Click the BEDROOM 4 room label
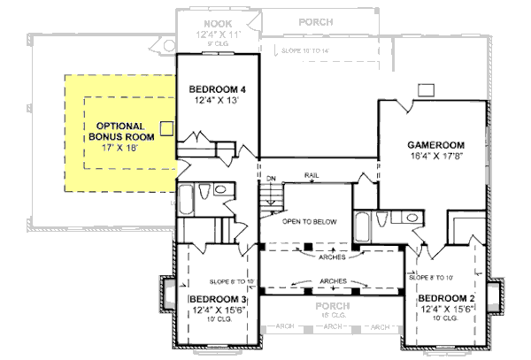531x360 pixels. tap(217, 89)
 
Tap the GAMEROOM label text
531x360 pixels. tap(435, 144)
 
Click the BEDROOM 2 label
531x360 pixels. tap(447, 298)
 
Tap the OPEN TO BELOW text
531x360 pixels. tap(309, 222)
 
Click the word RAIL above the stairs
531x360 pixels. tap(312, 175)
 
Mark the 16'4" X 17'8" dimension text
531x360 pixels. tap(435, 156)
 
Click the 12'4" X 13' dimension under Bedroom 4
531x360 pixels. tap(217, 101)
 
